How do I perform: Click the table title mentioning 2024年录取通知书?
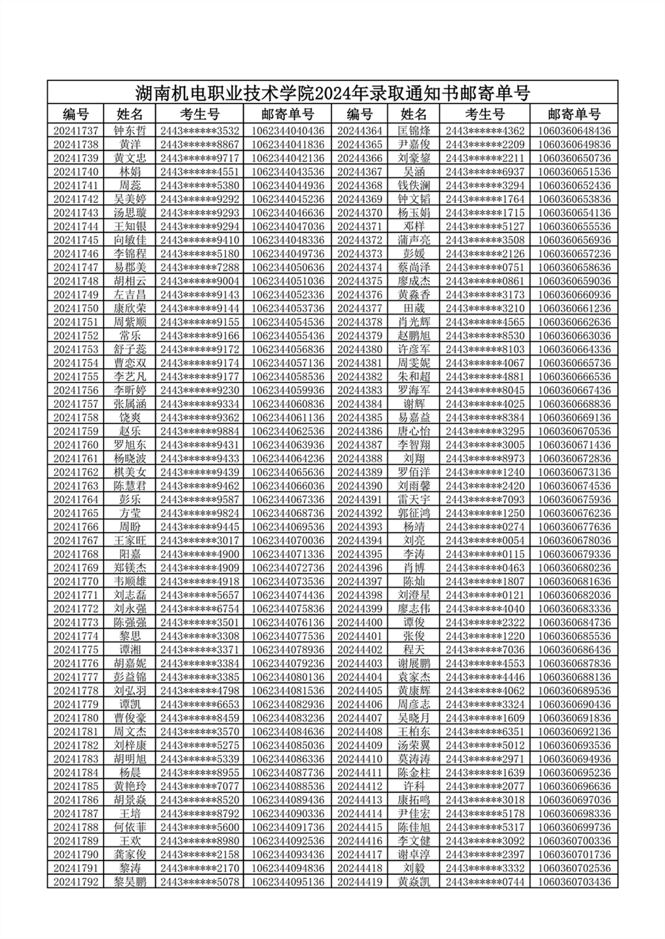[x=332, y=92]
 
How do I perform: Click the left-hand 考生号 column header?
[x=199, y=114]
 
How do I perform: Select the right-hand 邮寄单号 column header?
[x=574, y=114]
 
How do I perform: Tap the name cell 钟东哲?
[x=130, y=131]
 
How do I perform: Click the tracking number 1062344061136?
[x=288, y=418]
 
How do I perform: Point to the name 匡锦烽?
[x=414, y=131]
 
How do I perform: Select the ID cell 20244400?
[x=360, y=622]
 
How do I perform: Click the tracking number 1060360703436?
[x=574, y=882]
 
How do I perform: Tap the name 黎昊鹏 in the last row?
[x=130, y=882]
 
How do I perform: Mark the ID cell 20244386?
[x=360, y=431]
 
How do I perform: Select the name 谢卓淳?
[x=414, y=854]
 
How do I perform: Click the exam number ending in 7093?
[x=485, y=500]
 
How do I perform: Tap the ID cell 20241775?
[x=76, y=650]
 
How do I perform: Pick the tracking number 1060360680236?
[x=574, y=568]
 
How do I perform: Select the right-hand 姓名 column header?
[x=414, y=114]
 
